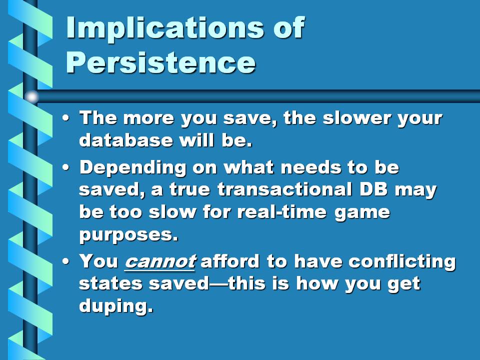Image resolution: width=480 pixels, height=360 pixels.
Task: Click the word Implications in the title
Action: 165,28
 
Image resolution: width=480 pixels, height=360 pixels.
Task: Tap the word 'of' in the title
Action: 289,27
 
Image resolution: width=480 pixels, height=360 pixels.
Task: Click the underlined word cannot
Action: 160,261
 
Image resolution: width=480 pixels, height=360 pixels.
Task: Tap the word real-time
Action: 282,211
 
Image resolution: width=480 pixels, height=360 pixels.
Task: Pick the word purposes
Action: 128,235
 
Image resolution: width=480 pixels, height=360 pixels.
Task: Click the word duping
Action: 116,305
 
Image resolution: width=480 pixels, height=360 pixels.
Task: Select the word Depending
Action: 132,168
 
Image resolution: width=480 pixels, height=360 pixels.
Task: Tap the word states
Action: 110,283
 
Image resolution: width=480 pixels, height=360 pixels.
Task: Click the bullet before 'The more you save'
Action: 65,118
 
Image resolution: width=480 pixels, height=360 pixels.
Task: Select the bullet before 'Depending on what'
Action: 65,167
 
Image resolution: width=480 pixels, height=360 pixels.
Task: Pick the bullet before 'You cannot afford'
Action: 65,261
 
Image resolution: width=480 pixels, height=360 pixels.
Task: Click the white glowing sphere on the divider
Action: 31,96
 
